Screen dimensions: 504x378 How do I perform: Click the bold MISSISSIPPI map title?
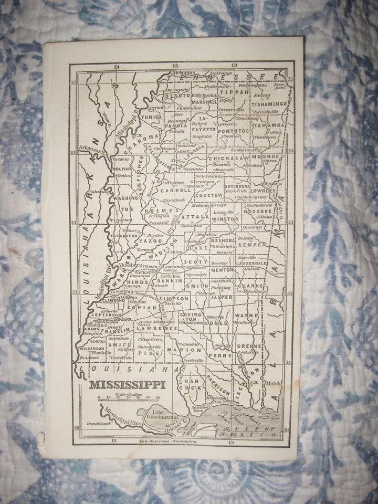[x=127, y=384]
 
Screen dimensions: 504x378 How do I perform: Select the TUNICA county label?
[x=152, y=117]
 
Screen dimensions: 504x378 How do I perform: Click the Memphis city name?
[x=184, y=72]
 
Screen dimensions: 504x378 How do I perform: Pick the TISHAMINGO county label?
[x=269, y=104]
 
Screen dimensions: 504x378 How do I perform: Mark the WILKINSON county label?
[x=92, y=348]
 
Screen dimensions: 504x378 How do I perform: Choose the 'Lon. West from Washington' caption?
[x=174, y=442]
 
